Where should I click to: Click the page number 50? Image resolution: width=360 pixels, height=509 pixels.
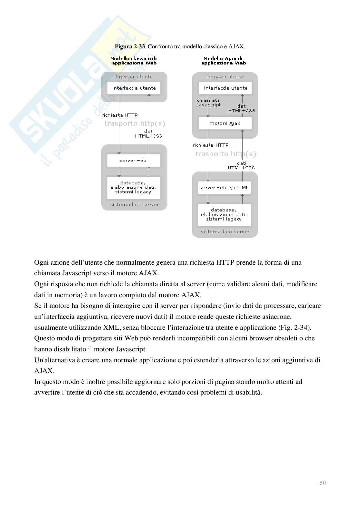[x=323, y=483]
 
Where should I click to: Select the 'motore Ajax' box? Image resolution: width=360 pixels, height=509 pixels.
[x=225, y=123]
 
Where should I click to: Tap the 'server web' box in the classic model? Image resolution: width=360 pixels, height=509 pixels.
[x=133, y=161]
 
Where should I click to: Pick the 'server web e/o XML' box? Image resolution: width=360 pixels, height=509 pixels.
[x=224, y=188]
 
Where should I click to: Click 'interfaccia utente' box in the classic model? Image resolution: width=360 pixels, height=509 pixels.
[x=134, y=88]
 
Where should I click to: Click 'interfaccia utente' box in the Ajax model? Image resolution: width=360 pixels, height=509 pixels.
[x=225, y=88]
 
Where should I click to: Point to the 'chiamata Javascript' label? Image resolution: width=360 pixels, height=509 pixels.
[x=209, y=103]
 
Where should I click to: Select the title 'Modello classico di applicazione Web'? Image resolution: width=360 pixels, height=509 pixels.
[x=134, y=61]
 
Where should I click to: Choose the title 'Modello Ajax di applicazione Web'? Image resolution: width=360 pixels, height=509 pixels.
[x=223, y=61]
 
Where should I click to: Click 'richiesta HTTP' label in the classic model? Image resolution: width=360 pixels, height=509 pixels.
[x=120, y=115]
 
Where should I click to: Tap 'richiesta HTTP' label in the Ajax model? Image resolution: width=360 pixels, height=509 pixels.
[x=211, y=145]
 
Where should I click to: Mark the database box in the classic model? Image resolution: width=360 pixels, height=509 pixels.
[x=134, y=187]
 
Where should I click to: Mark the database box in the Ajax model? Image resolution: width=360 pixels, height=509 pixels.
[x=224, y=215]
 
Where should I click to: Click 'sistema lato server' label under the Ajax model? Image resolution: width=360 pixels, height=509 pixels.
[x=225, y=231]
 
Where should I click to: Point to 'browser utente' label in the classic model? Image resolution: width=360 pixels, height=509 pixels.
[x=134, y=77]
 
